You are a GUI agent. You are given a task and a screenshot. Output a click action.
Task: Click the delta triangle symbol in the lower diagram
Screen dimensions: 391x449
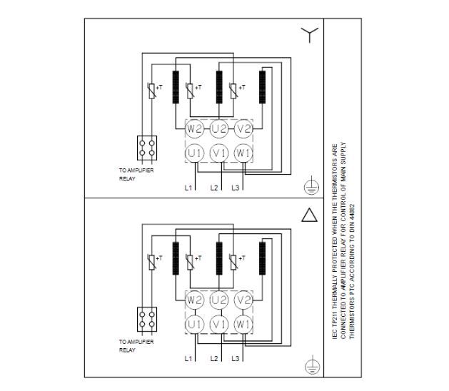point(309,215)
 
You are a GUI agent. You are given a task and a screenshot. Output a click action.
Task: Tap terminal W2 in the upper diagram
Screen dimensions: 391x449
point(195,128)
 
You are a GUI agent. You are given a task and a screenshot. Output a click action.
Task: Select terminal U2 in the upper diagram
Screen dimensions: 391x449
point(219,128)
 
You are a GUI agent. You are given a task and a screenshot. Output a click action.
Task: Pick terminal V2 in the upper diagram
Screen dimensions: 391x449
point(243,128)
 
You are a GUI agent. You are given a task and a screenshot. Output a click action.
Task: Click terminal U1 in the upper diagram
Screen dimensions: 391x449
point(195,153)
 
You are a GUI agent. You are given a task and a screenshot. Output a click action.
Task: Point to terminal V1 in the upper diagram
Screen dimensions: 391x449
point(219,153)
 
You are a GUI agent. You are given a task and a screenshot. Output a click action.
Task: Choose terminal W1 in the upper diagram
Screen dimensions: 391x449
point(243,153)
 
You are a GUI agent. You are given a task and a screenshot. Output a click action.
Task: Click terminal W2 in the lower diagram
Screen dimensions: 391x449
point(195,300)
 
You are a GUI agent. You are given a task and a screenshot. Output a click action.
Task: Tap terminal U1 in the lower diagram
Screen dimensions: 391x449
point(195,324)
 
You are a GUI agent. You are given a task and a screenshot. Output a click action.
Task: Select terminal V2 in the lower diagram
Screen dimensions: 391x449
point(243,300)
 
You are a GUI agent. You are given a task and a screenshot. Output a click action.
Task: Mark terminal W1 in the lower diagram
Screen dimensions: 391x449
point(243,324)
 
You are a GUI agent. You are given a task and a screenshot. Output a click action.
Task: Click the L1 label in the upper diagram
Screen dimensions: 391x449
point(188,188)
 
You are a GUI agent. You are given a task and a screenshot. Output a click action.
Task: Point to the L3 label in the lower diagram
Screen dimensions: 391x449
point(236,357)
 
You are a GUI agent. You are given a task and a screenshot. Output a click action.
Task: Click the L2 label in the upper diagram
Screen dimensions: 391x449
point(213,188)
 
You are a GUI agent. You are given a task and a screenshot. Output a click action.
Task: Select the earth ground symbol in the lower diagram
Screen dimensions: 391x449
point(310,365)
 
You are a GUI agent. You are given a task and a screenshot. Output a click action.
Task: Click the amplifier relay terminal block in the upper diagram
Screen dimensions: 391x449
point(146,148)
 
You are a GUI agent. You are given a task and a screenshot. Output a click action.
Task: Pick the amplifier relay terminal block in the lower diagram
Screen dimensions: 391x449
point(146,318)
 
